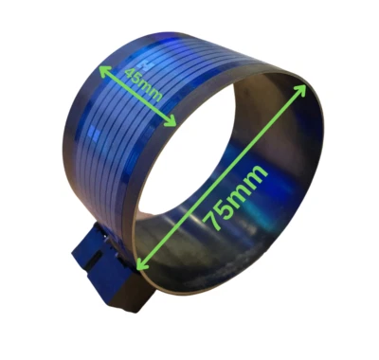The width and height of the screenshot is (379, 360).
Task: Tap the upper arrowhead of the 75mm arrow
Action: coord(303,86)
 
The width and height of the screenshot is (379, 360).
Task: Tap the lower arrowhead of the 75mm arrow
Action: coord(141,266)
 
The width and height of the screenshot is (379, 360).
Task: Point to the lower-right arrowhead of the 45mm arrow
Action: coord(174,122)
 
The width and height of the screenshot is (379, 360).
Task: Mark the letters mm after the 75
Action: coord(248,181)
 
